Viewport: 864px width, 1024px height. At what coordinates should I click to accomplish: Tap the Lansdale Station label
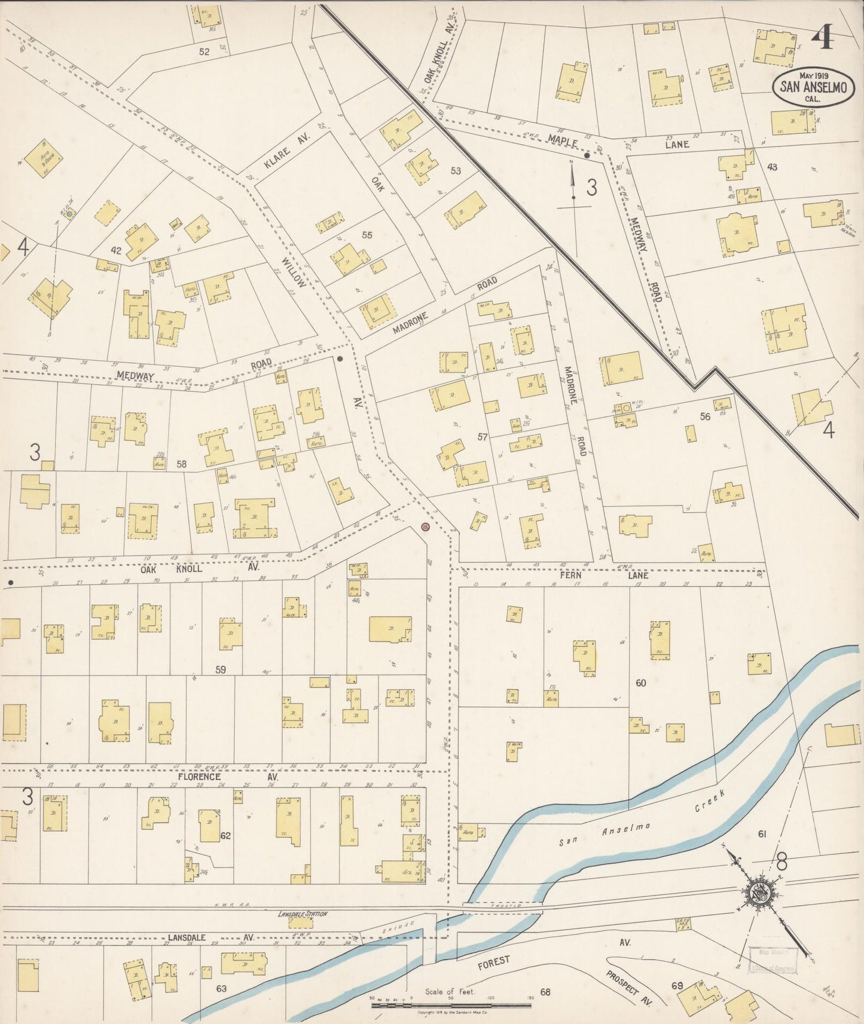point(303,914)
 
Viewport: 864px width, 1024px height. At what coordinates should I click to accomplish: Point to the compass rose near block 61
point(761,894)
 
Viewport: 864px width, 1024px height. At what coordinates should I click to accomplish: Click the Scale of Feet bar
point(451,1005)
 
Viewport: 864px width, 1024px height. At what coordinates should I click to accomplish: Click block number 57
point(483,437)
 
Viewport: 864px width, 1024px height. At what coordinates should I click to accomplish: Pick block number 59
point(221,670)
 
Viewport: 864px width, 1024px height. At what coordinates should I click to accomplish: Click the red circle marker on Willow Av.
point(425,527)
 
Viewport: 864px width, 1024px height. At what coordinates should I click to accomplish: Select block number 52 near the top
point(204,52)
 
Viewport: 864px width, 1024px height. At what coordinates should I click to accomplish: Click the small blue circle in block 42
point(69,213)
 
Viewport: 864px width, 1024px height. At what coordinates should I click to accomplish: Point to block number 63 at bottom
point(221,988)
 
